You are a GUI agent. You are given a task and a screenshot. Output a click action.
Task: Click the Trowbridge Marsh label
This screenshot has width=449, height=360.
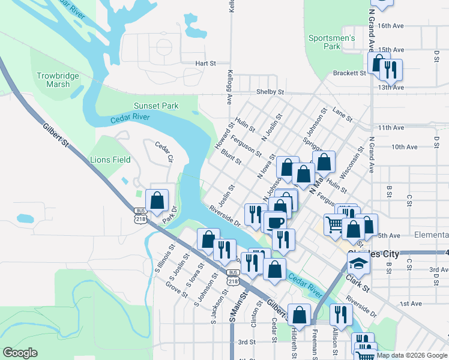click(x=53, y=80)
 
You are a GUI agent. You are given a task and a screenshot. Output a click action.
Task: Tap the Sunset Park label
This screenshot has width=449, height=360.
click(x=156, y=106)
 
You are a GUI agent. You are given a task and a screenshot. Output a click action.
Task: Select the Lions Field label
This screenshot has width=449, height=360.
click(x=110, y=160)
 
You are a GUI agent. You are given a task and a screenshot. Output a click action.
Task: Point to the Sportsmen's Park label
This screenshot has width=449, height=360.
click(x=332, y=42)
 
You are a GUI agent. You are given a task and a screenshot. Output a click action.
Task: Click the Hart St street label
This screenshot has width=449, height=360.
click(x=205, y=63)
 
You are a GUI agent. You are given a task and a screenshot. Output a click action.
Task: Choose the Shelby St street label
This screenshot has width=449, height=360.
click(x=270, y=92)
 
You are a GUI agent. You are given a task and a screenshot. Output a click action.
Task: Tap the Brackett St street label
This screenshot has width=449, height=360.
click(x=349, y=73)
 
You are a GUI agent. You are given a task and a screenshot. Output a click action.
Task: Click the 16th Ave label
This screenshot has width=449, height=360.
click(x=391, y=26)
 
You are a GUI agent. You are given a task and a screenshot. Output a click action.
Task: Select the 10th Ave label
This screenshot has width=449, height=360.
click(x=404, y=146)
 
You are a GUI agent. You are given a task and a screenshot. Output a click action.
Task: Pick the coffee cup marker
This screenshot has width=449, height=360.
click(x=276, y=222)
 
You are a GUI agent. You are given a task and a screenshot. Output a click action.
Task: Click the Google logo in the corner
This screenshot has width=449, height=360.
click(x=20, y=353)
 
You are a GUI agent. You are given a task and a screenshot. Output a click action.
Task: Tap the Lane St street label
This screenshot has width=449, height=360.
click(x=342, y=115)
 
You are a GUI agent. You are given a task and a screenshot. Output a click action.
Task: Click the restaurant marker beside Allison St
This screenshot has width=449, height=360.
click(x=341, y=315)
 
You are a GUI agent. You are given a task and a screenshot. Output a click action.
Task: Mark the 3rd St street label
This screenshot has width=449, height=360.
click(x=247, y=342)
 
